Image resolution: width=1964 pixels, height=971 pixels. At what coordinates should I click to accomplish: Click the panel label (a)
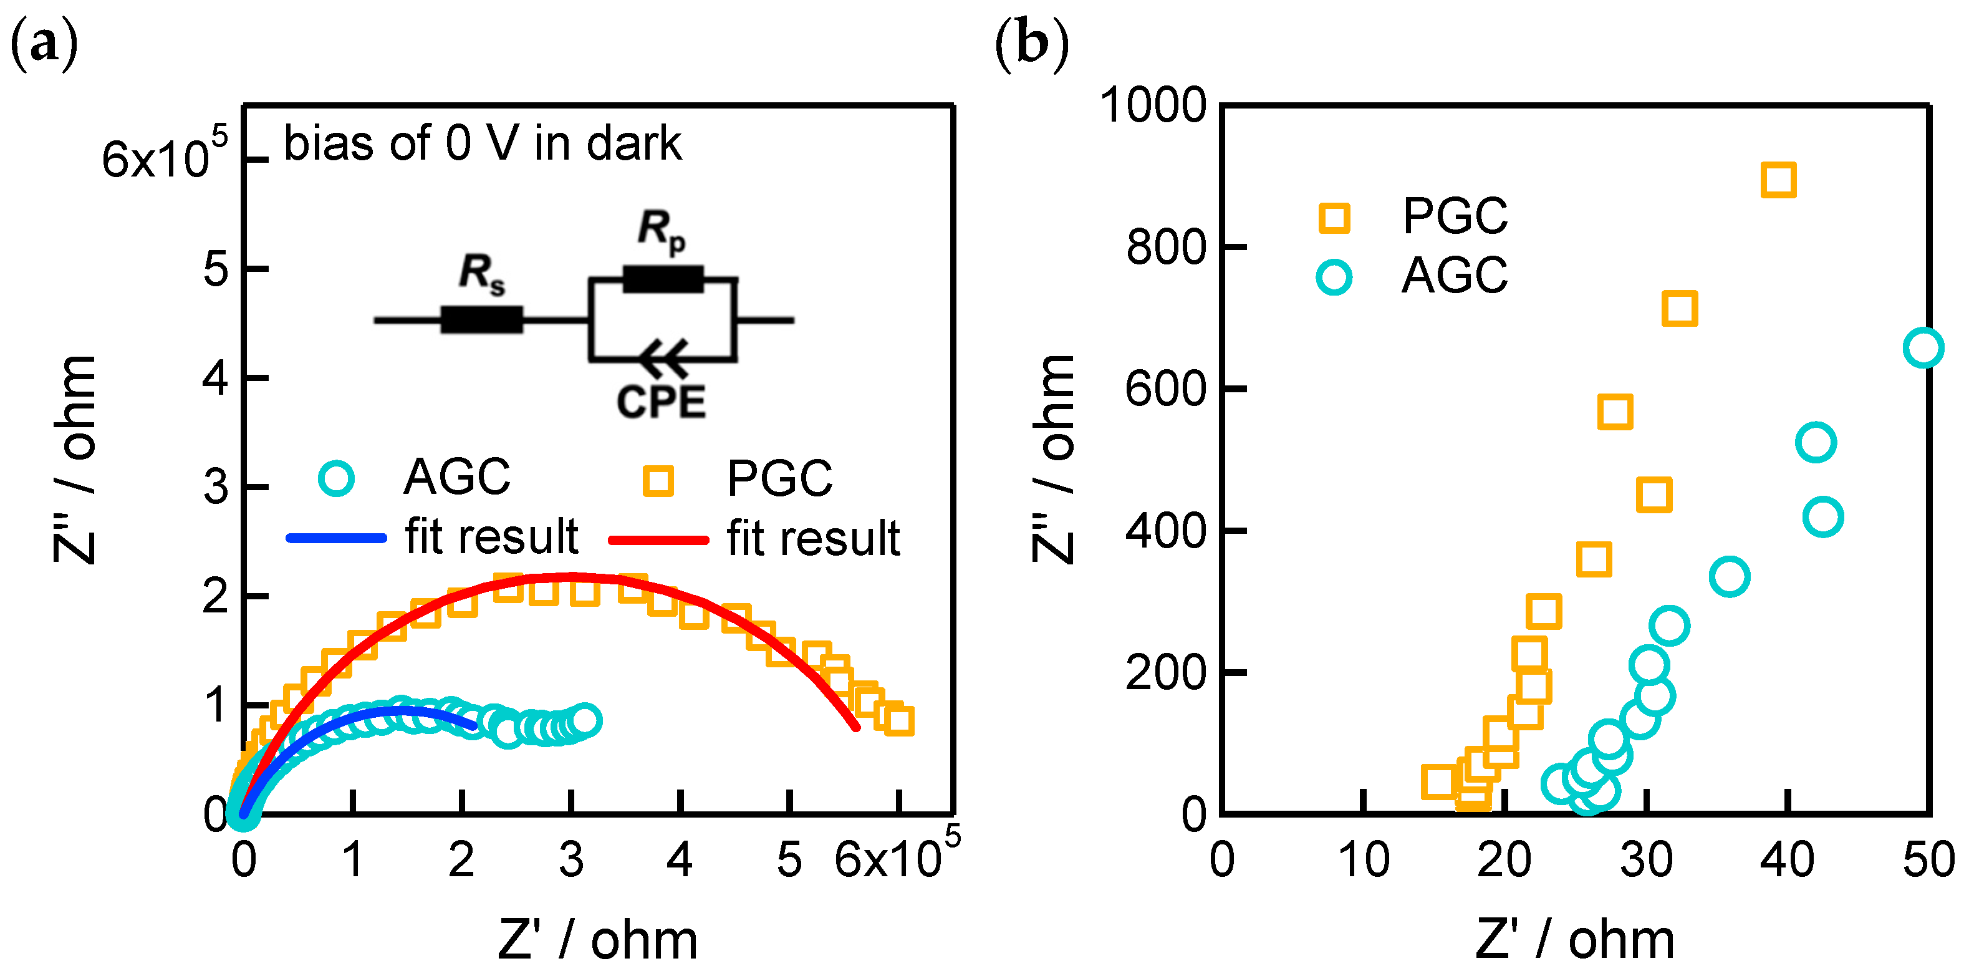tap(44, 44)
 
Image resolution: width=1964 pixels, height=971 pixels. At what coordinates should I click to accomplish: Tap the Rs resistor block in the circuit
tap(482, 319)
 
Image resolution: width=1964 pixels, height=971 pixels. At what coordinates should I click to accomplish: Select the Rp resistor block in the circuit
tap(663, 279)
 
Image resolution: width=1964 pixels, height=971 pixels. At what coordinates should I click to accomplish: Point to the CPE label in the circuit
tap(660, 402)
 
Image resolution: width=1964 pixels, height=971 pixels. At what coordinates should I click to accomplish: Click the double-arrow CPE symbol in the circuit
tap(663, 359)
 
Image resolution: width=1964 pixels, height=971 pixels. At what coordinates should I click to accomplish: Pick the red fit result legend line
tap(658, 540)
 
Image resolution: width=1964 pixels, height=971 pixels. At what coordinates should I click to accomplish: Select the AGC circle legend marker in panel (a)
tap(335, 478)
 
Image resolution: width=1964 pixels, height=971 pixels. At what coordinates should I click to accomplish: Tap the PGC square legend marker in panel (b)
tap(1334, 218)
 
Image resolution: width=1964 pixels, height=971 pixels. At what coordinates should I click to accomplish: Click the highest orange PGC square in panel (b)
tap(1778, 181)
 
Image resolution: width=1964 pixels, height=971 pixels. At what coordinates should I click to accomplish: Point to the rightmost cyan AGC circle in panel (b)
tap(1923, 348)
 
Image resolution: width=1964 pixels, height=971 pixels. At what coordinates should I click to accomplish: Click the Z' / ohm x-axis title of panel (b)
tap(1574, 939)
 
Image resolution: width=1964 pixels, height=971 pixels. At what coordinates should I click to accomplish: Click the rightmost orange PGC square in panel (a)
tap(900, 720)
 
